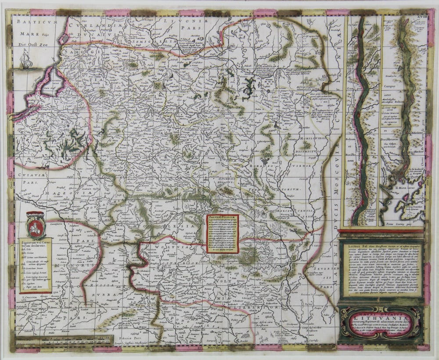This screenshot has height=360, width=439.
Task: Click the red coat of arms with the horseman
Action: [x=36, y=225]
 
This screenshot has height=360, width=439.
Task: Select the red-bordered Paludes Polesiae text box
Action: [x=223, y=234]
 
